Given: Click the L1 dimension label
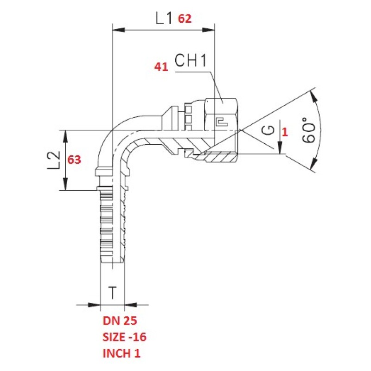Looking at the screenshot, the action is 164,19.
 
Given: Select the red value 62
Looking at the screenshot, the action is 185,19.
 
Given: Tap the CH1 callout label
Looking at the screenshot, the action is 191,60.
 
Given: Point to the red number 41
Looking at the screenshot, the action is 161,67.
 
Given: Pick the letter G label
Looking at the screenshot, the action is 269,130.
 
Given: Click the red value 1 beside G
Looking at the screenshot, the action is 285,132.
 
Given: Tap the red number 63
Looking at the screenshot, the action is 74,160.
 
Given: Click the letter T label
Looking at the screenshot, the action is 113,293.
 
